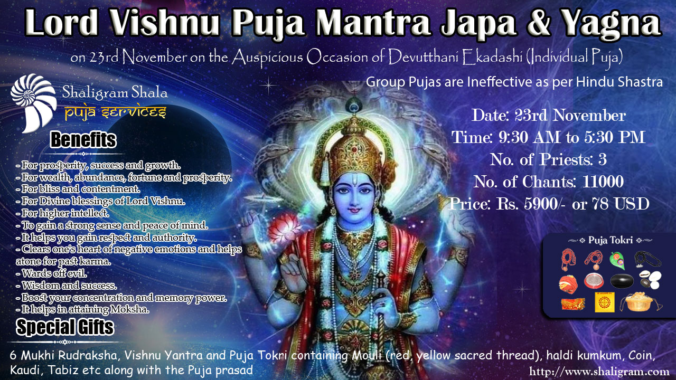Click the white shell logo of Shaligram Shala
pyautogui.click(x=33, y=102)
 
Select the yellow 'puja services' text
pyautogui.click(x=116, y=113)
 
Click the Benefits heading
pyautogui.click(x=83, y=140)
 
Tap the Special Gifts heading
pyautogui.click(x=65, y=327)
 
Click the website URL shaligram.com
pyautogui.click(x=595, y=371)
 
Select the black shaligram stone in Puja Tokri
pyautogui.click(x=622, y=280)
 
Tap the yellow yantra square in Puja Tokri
pyautogui.click(x=605, y=302)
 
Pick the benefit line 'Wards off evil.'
pyautogui.click(x=52, y=273)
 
